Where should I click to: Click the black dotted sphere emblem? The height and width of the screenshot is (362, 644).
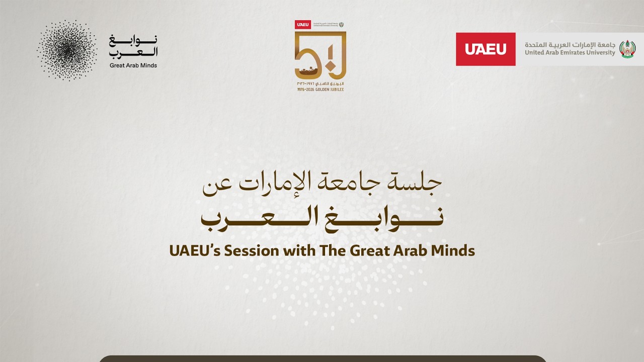67,50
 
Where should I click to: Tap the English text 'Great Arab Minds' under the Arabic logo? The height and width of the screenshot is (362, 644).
133,65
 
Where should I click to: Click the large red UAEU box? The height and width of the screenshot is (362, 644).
486,49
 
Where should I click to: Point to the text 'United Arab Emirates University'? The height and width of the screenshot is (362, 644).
570,53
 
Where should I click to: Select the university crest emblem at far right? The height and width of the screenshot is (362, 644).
627,49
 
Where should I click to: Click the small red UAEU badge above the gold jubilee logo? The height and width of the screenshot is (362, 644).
303,24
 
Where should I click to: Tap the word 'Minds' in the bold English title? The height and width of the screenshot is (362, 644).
453,250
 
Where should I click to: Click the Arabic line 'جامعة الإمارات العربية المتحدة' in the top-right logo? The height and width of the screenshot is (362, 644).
570,44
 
